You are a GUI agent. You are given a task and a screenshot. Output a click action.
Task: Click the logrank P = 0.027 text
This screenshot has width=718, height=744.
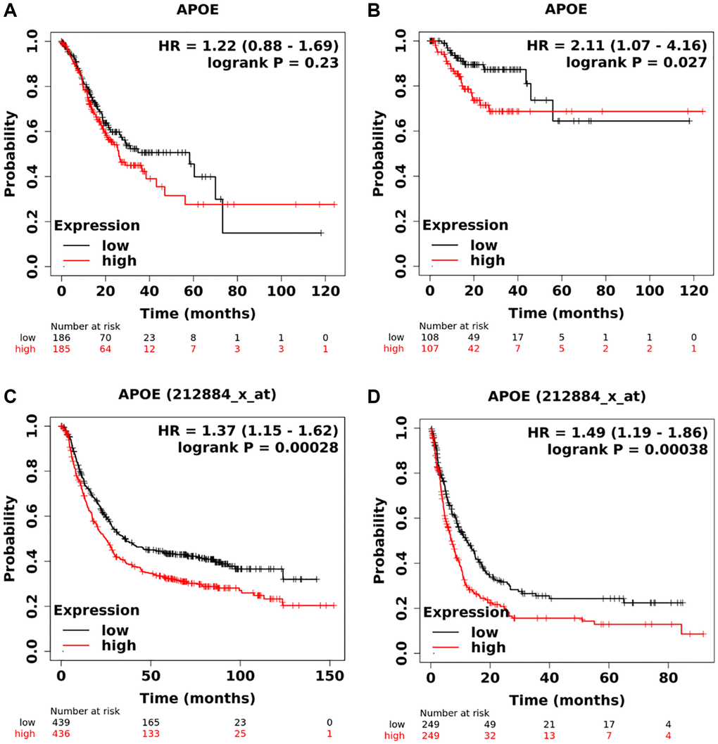coord(628,63)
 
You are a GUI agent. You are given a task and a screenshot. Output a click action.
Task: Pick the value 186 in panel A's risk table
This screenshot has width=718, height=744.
coord(61,338)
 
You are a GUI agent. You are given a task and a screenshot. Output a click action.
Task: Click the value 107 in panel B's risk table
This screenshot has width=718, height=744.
coord(430,349)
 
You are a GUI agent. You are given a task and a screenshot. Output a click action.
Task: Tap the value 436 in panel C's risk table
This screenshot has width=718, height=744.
coord(61,733)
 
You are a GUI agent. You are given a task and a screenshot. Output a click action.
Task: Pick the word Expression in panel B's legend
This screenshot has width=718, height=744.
coord(465,226)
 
